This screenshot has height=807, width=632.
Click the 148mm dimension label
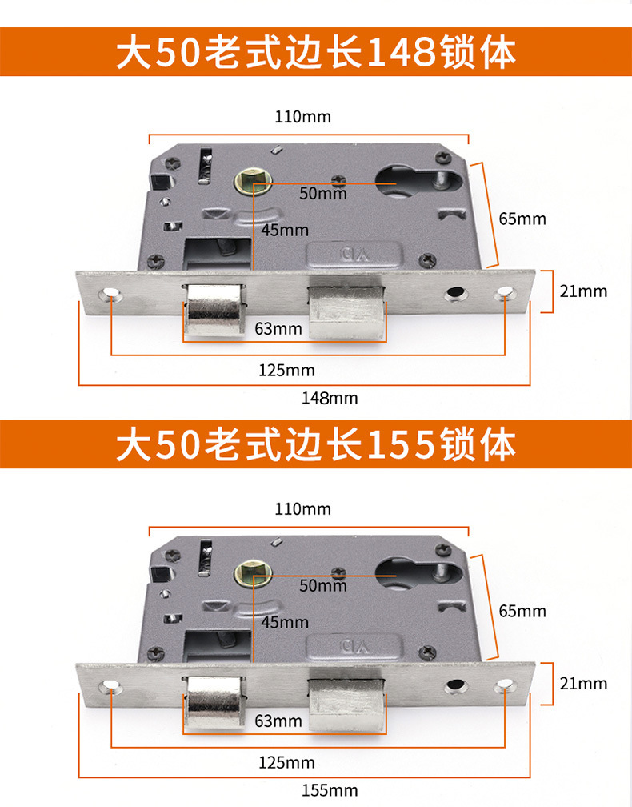click(x=330, y=398)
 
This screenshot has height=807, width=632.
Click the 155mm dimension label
click(x=330, y=790)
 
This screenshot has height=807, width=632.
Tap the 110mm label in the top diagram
click(x=302, y=117)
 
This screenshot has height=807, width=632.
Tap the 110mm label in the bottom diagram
click(x=302, y=509)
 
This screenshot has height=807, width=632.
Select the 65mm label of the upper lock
click(x=522, y=219)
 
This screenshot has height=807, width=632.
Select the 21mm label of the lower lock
click(x=583, y=683)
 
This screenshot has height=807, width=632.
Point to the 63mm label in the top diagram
click(x=278, y=328)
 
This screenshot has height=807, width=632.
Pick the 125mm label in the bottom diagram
click(x=286, y=762)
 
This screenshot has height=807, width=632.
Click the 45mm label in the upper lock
click(x=284, y=231)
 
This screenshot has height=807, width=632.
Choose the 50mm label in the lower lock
click(x=323, y=586)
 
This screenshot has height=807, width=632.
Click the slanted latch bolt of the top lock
click(x=214, y=310)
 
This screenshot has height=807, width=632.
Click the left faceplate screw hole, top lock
click(x=110, y=295)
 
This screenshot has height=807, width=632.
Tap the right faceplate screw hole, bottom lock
click(x=505, y=686)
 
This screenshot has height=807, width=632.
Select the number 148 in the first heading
click(x=401, y=54)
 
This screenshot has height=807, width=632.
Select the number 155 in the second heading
click(x=401, y=444)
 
